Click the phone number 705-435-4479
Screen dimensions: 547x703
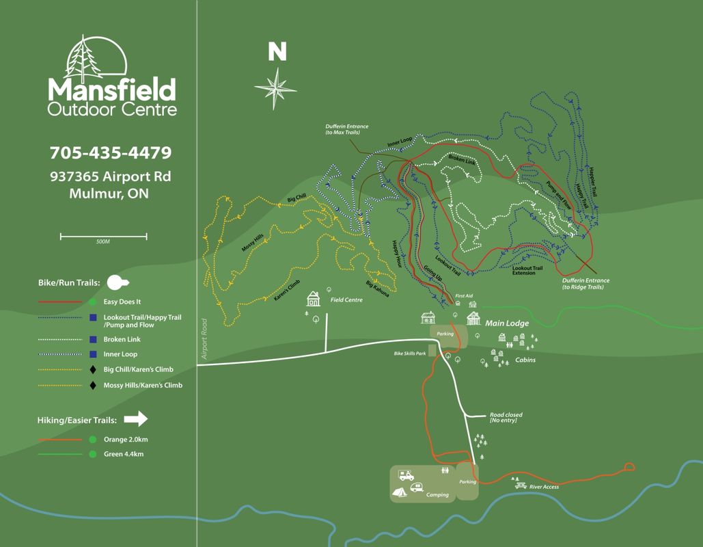110,152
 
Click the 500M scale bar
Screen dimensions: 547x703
103,237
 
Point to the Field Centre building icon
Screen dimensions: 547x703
314,299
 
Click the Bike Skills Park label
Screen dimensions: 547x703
410,353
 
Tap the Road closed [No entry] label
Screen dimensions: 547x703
506,417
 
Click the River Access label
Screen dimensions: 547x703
544,487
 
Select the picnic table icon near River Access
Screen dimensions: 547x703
520,481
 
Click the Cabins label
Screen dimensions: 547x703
525,360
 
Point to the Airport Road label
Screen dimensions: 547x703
204,338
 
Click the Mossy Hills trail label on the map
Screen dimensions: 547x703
252,243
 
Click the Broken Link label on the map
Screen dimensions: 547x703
461,161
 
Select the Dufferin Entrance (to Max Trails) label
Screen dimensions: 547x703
347,129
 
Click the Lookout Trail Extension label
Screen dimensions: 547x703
527,271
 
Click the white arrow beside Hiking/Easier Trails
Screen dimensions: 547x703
137,419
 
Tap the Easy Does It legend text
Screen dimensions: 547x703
122,302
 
